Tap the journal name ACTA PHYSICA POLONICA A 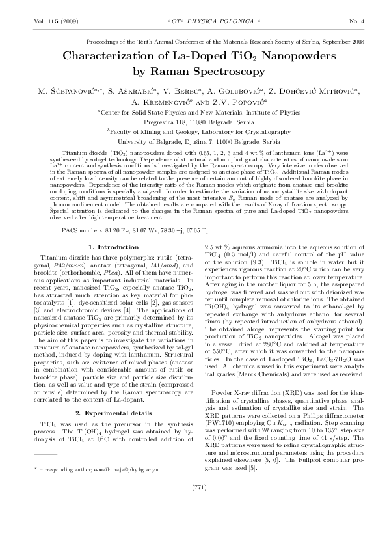coord(193,22)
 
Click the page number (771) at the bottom coord(193,504)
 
